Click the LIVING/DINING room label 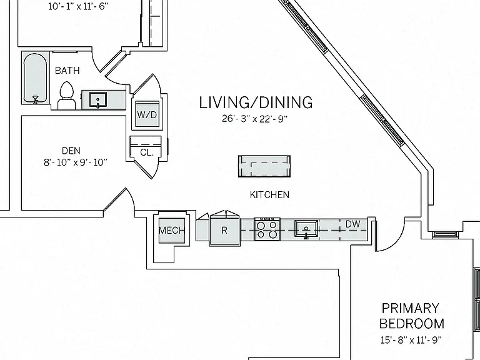(x=256, y=102)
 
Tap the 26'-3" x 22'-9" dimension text (x=255, y=119)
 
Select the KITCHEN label (x=269, y=195)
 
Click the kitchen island (x=264, y=166)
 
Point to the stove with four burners (x=267, y=229)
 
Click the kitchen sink (x=306, y=229)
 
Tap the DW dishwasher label (x=352, y=224)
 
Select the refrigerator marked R (x=224, y=231)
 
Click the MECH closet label (x=172, y=230)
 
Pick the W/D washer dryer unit (x=147, y=114)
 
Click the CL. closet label (x=147, y=152)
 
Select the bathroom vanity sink (x=98, y=99)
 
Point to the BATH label (x=67, y=71)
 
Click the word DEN (x=71, y=151)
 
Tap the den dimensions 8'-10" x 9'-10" (x=75, y=162)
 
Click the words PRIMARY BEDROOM (x=412, y=316)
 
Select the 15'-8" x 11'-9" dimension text (x=411, y=340)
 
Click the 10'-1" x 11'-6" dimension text (x=78, y=6)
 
